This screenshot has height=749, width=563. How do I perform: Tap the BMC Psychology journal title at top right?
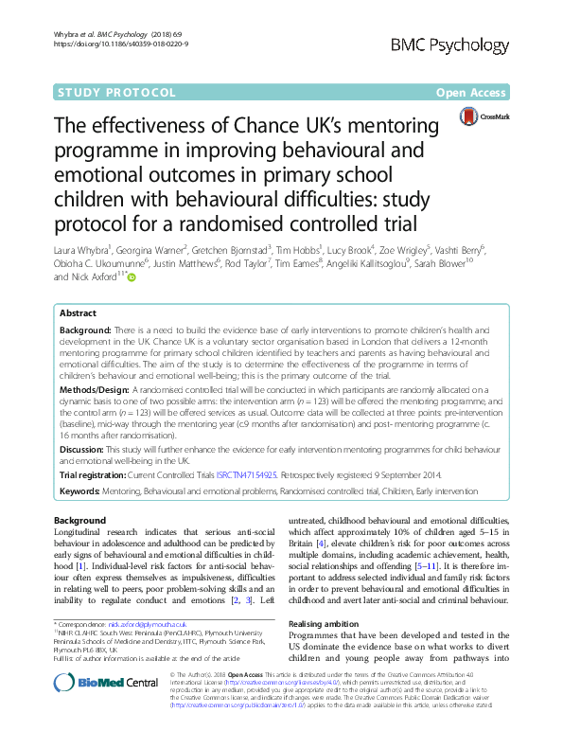[469, 45]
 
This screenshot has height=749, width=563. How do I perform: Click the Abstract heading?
[78, 312]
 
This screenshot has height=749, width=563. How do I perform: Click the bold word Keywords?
[83, 493]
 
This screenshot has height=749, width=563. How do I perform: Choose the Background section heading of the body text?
[79, 521]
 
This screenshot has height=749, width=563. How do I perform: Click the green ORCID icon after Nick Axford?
[132, 277]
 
